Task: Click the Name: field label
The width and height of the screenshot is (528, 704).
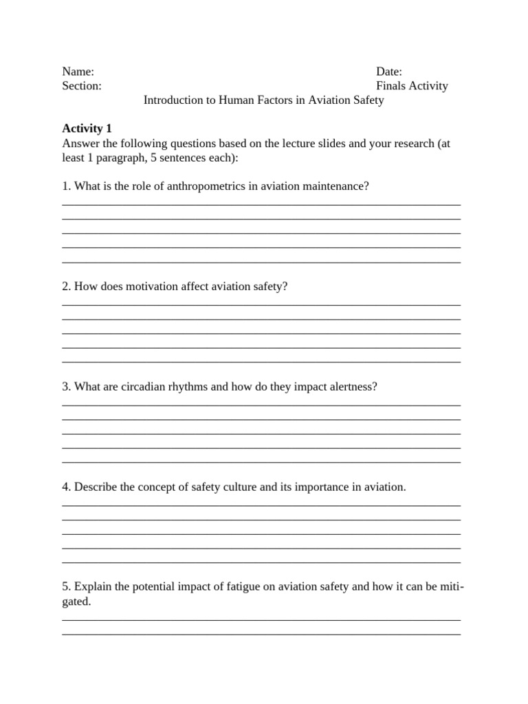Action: tap(78, 71)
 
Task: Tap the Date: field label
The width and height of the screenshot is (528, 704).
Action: tap(389, 71)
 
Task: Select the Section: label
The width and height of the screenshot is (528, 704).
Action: tap(82, 86)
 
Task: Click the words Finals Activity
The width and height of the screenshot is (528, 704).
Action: tap(412, 86)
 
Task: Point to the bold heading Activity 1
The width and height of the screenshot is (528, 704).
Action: tap(87, 129)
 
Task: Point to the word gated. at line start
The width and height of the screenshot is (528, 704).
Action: tap(76, 602)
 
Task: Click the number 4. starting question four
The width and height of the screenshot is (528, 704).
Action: tap(67, 487)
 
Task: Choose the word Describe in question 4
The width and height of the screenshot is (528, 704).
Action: tap(95, 487)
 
